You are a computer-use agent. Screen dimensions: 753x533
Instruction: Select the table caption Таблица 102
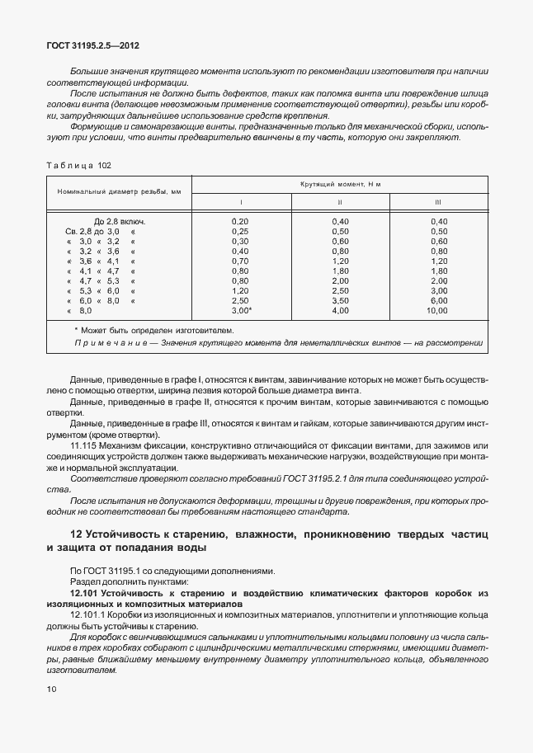(78, 165)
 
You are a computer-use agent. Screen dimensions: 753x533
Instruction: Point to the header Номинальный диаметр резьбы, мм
(119, 191)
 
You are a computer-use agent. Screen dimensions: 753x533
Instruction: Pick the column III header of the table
(438, 201)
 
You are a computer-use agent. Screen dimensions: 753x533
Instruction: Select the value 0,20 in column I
(240, 222)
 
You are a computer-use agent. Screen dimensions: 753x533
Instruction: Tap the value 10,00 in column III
(437, 311)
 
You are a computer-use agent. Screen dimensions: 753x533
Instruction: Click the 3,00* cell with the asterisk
(241, 311)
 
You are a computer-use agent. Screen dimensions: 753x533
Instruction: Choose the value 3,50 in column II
(340, 301)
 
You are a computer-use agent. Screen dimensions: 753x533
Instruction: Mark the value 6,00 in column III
(438, 301)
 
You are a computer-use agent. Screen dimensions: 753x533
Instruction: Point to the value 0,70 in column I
(240, 261)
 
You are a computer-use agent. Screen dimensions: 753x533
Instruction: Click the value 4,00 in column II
(340, 311)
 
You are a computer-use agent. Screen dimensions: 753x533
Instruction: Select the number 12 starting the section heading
(76, 534)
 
